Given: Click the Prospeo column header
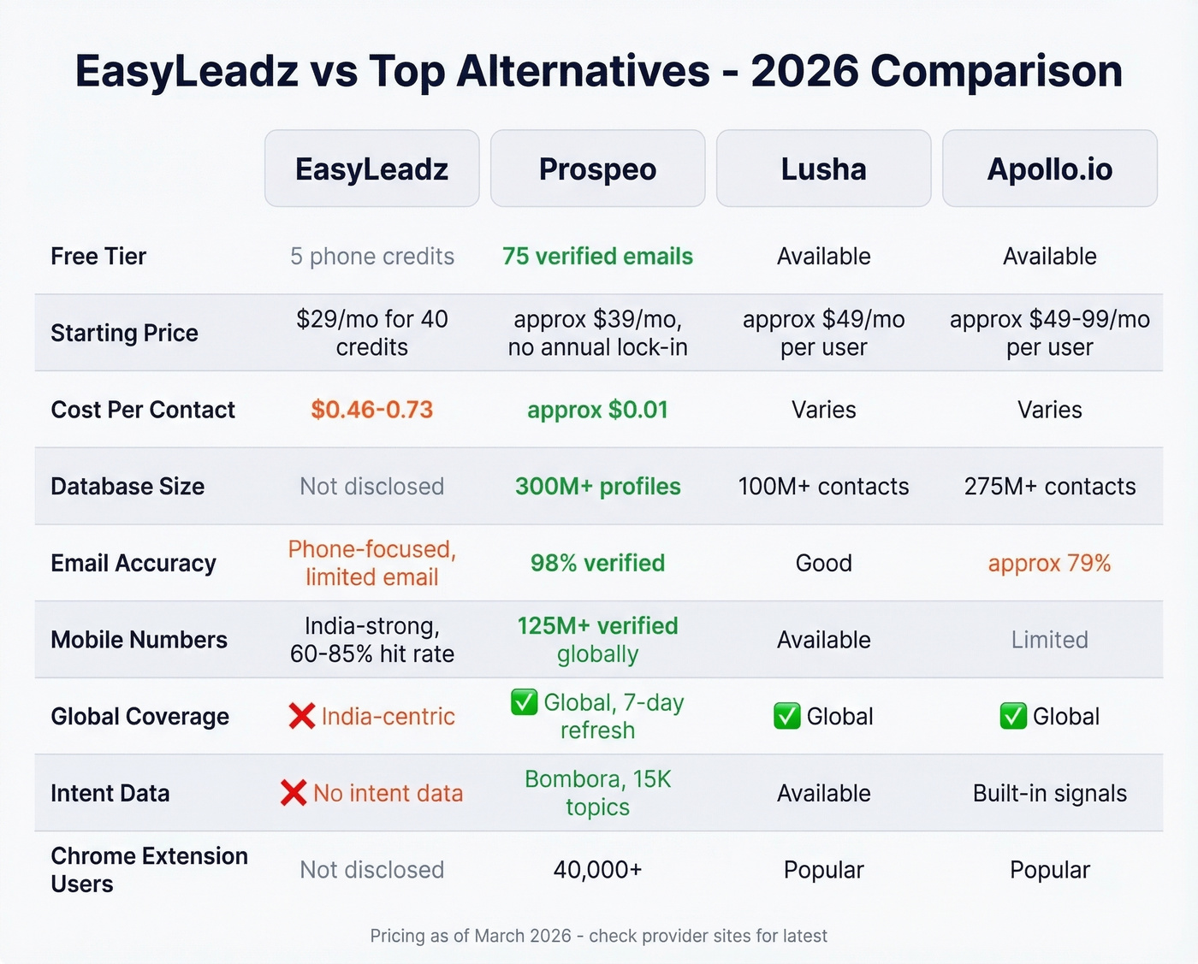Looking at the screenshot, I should [x=597, y=169].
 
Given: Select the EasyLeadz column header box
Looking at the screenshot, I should [x=371, y=169].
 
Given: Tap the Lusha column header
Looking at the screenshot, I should [x=823, y=169].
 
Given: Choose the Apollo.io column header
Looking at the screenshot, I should [x=1049, y=169].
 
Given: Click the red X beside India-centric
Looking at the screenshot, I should [x=301, y=716].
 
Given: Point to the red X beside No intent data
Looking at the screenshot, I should [x=293, y=793].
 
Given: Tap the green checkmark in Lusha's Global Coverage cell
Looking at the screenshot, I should [x=786, y=716].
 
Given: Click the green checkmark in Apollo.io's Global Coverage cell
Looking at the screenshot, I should [x=1012, y=716].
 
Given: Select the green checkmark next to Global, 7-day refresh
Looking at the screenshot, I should [x=524, y=702].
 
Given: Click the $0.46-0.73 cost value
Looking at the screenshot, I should [x=371, y=410].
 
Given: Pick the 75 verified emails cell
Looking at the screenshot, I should [x=597, y=257].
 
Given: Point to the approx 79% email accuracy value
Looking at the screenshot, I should [x=1049, y=563].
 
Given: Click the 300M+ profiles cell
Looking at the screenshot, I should [x=597, y=486].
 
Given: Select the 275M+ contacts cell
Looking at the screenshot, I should [x=1049, y=486].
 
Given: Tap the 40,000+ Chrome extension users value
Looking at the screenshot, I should [x=597, y=870].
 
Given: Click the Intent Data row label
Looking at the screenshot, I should [x=110, y=793].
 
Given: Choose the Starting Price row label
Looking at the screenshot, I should [x=124, y=333].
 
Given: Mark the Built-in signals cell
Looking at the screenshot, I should [x=1049, y=793].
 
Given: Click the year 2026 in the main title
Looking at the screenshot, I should [x=804, y=71].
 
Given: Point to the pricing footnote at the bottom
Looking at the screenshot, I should [x=598, y=936].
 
